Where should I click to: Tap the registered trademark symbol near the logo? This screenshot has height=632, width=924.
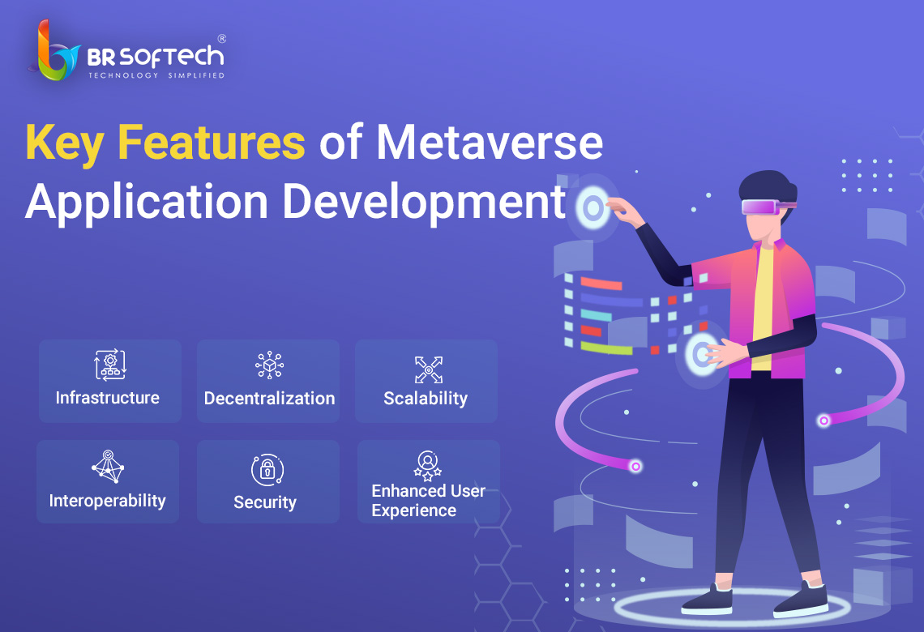[221, 39]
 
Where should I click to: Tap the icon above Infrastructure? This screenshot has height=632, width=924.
[110, 365]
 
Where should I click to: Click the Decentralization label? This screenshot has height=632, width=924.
[269, 398]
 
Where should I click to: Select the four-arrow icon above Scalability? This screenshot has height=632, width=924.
[429, 370]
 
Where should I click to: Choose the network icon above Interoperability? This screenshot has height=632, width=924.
[108, 467]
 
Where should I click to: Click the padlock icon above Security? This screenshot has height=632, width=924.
[267, 470]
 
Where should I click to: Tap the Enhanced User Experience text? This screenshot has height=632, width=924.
[429, 500]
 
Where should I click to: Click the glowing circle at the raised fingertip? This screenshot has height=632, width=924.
[593, 207]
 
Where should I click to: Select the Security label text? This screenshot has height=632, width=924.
[265, 502]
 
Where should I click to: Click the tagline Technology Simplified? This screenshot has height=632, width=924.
[156, 75]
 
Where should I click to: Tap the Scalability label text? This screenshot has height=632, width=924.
[426, 399]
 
